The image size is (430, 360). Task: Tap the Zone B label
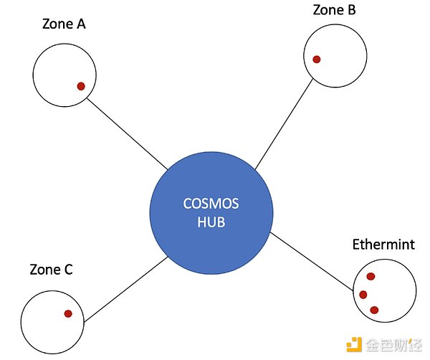point(335,10)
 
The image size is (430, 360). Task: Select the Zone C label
point(51,270)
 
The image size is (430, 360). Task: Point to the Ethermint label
point(383,245)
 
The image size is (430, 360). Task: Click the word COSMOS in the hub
point(211,204)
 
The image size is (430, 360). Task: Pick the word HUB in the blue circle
point(211,222)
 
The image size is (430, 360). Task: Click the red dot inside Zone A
point(81,86)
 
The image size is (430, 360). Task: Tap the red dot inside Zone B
point(317,59)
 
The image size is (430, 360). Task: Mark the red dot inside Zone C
point(68,313)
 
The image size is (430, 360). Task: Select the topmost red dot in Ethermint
point(371,276)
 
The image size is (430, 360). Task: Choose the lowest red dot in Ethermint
point(374,310)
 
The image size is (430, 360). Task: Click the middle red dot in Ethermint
point(363,294)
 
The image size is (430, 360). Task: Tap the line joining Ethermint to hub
point(312,261)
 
